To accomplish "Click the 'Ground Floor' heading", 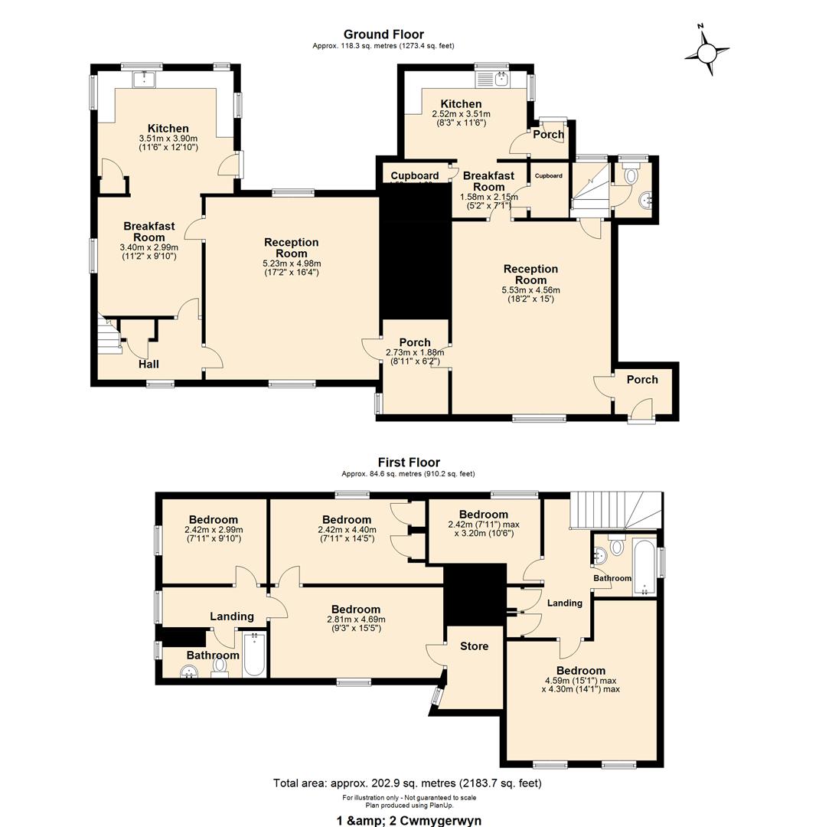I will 383,34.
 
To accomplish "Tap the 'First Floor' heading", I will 409,463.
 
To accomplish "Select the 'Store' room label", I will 474,646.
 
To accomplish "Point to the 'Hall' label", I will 148,364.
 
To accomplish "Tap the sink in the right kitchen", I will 501,77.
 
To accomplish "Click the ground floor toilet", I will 631,175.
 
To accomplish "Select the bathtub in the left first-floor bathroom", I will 254,655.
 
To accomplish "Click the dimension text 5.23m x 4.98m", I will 291,263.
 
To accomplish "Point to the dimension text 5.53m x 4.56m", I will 530,290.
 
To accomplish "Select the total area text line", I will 407,783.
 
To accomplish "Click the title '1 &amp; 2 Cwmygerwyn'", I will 409,820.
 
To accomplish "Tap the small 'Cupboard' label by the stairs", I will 548,176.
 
